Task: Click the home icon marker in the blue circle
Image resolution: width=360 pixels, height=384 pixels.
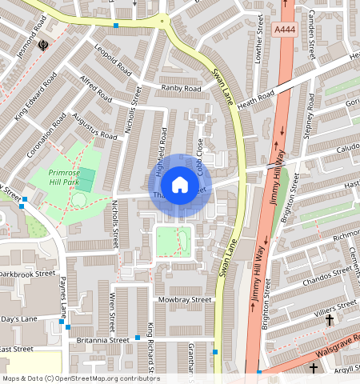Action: coord(180,186)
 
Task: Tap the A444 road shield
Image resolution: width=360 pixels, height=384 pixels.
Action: coord(284,30)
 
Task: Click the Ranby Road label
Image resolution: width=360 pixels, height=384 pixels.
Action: coord(181,88)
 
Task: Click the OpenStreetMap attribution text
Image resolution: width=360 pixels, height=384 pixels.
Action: coord(81,378)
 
